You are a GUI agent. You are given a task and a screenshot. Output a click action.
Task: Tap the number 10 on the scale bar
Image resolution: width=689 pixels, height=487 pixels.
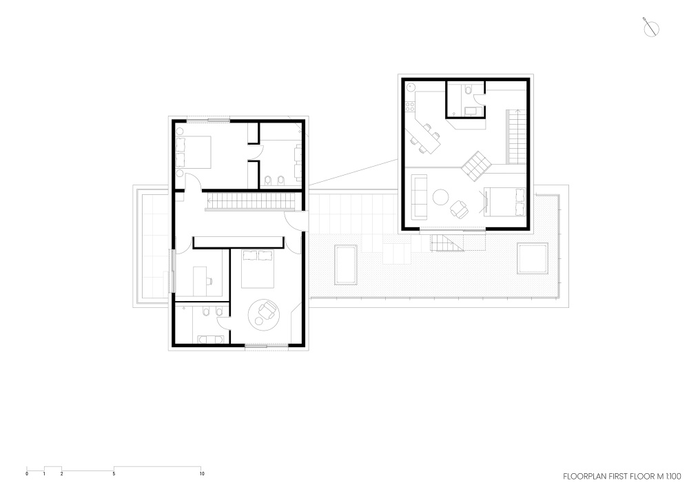tap(202, 474)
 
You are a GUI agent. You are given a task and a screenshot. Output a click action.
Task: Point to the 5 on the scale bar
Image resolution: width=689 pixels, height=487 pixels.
tap(114, 474)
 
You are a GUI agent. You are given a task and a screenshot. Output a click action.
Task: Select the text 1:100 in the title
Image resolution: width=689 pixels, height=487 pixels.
tap(672, 477)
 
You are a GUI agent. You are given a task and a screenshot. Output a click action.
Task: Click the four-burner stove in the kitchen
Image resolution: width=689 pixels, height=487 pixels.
tap(411, 106)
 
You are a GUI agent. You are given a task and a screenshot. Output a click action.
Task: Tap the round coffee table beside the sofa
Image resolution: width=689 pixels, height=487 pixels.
tap(440, 197)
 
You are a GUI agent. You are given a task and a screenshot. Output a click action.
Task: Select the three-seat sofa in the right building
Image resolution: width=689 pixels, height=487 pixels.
tap(419, 196)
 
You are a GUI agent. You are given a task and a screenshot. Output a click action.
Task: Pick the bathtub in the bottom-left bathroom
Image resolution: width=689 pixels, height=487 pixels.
tap(210, 339)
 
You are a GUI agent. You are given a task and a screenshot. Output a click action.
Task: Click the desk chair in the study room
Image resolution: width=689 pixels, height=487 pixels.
tap(209, 280)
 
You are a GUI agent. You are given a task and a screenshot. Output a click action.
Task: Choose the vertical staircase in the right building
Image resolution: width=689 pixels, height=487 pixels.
tap(517, 136)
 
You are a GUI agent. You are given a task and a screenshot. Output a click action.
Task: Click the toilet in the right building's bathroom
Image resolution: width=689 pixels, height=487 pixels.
tap(468, 91)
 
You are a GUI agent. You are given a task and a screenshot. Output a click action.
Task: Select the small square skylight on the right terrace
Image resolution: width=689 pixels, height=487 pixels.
tap(532, 258)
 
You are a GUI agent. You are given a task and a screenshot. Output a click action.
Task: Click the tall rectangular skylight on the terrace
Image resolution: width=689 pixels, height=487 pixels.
tap(346, 265)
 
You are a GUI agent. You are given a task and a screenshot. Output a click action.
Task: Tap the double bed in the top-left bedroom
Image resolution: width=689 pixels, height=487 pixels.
tap(194, 152)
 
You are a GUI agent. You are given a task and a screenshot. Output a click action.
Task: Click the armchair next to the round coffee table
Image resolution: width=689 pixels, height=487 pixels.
tap(459, 209)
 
